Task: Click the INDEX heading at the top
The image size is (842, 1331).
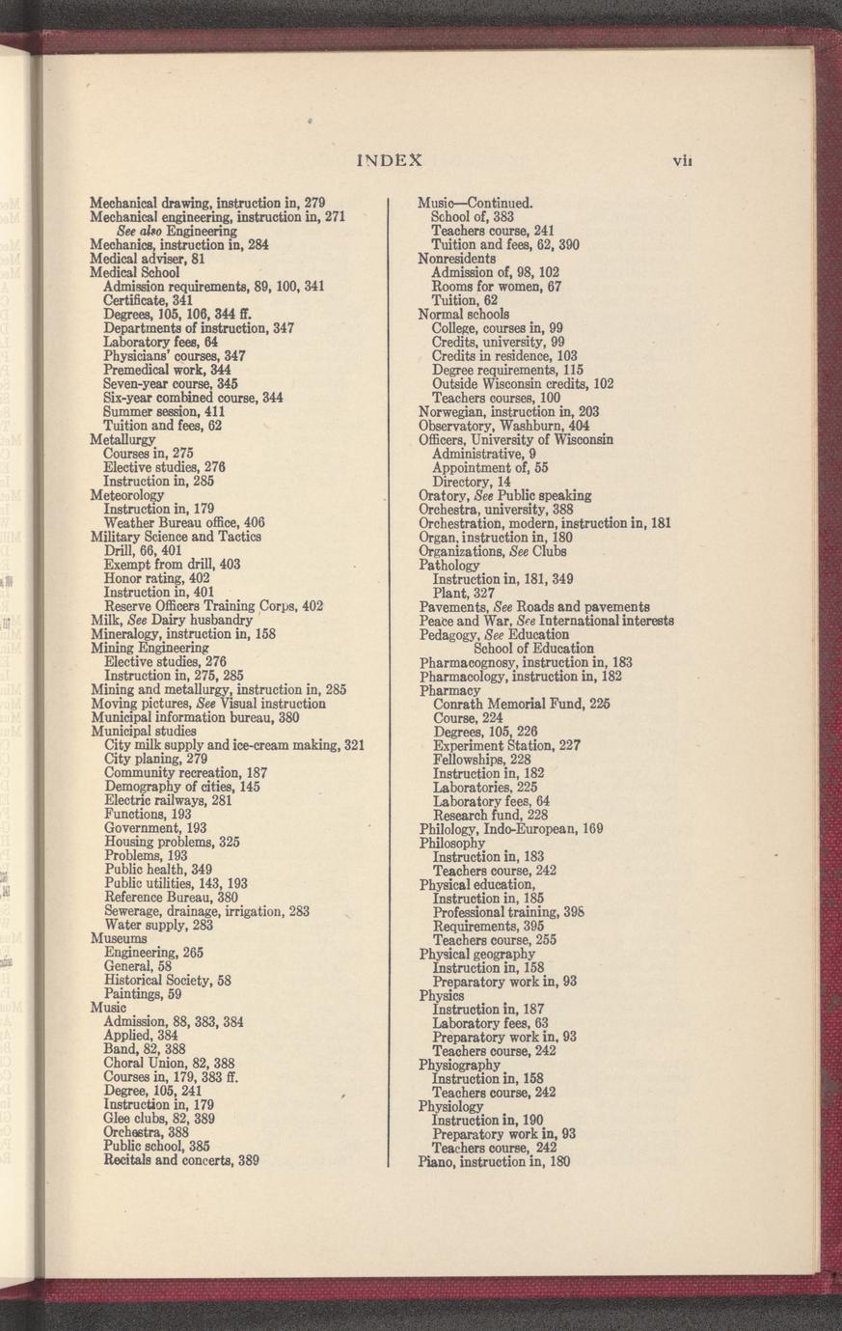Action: tap(390, 160)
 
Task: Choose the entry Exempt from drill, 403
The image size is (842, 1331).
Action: tap(172, 564)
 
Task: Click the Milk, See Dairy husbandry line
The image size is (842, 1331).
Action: tap(172, 620)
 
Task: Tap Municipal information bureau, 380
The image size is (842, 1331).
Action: tap(195, 718)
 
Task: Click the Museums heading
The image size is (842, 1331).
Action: tap(119, 938)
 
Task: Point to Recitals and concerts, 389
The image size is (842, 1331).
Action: tap(181, 1161)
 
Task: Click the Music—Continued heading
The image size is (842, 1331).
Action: tap(475, 204)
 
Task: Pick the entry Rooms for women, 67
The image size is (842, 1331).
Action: tap(496, 287)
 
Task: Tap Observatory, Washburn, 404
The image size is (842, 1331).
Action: tap(502, 426)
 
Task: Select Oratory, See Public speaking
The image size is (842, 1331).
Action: tap(505, 495)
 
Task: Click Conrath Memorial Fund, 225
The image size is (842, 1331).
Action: tap(522, 704)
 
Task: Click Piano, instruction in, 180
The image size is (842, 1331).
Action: tap(494, 1162)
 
